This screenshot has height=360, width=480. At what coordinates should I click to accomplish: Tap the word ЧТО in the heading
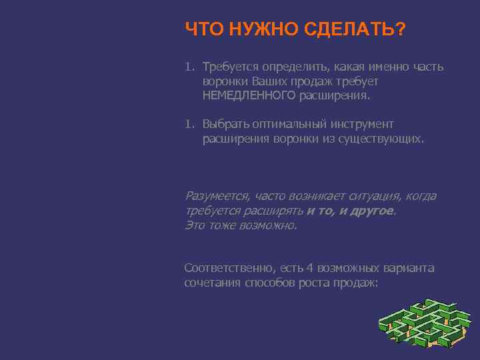[204, 29]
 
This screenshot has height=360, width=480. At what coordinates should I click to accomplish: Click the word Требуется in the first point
[231, 67]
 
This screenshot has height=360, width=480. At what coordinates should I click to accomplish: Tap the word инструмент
[361, 124]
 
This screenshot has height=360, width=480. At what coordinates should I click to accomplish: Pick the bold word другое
[372, 211]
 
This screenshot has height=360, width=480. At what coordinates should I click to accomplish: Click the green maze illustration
[424, 323]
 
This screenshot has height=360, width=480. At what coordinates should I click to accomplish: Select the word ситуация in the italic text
[372, 196]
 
